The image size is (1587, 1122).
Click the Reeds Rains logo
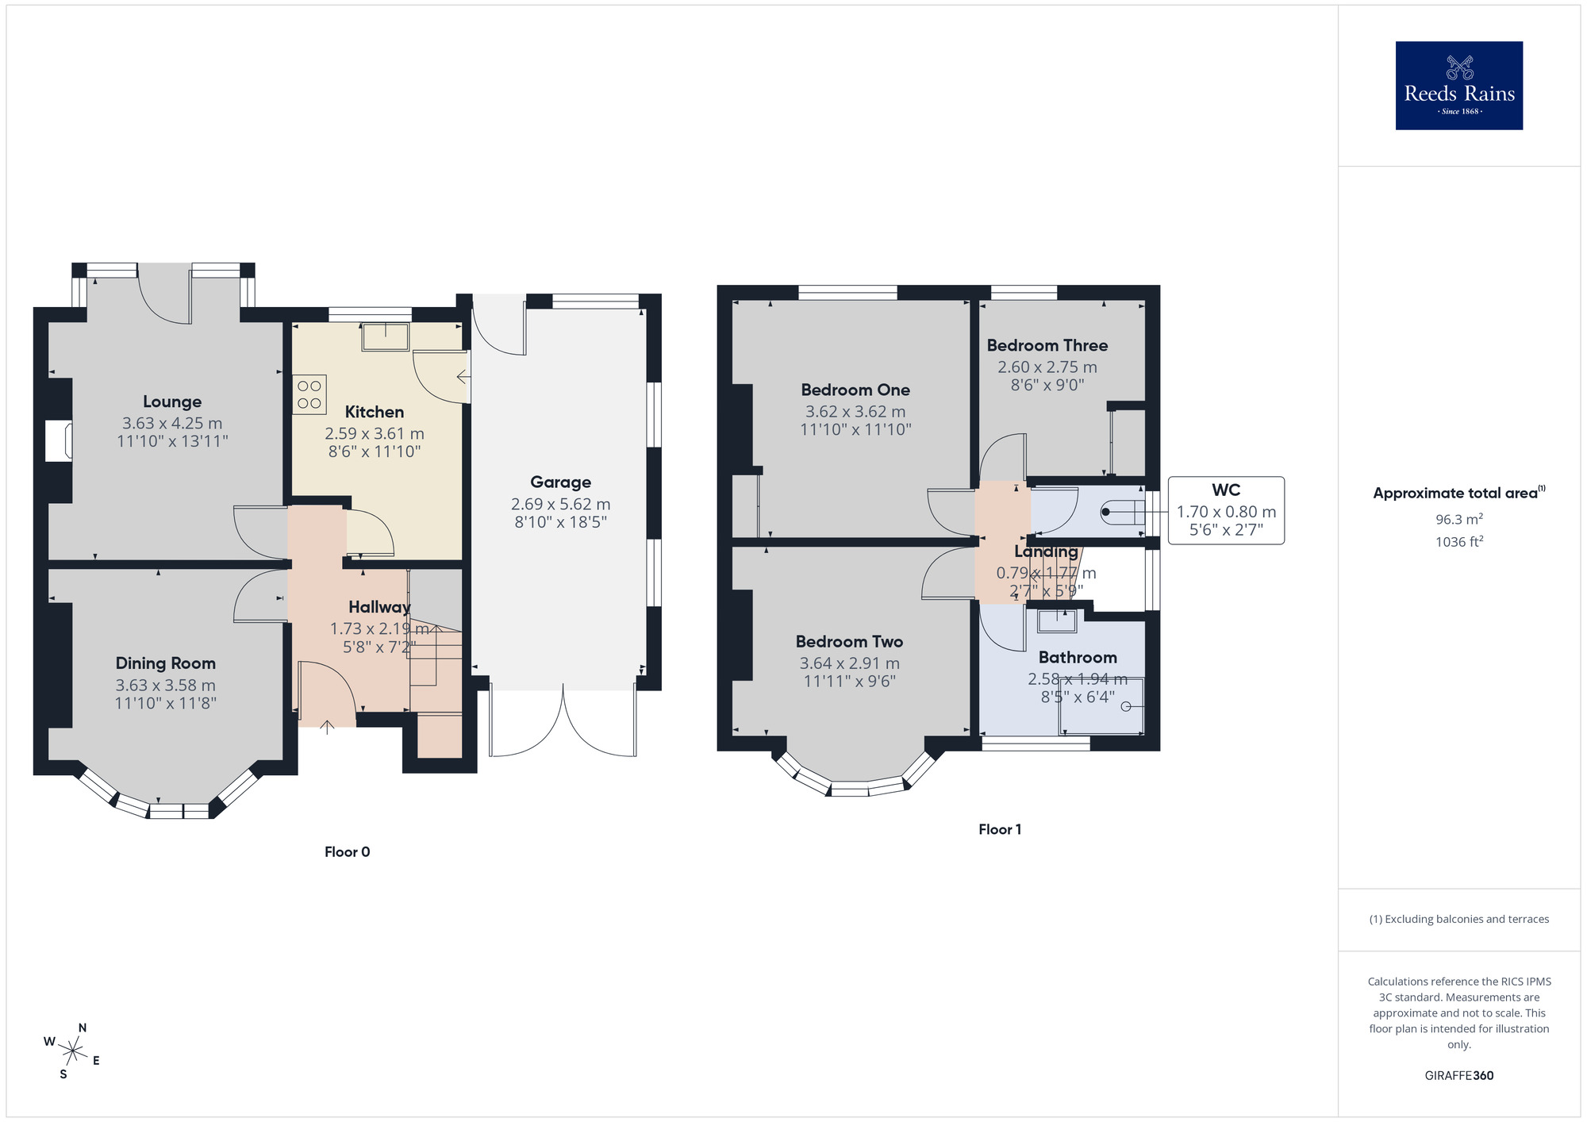1458,86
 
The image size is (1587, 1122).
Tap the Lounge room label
172,402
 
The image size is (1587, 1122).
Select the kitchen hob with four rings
309,394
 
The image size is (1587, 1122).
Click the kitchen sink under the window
386,336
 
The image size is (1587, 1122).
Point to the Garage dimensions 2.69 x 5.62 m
560,504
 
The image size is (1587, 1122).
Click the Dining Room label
165,663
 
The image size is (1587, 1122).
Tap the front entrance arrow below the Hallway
327,726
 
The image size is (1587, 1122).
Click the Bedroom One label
855,390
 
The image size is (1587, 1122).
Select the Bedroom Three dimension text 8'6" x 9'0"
1047,386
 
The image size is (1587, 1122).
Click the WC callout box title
1225,490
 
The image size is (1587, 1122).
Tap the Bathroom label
1077,657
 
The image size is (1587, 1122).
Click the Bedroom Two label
849,641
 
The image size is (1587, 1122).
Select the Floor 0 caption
347,851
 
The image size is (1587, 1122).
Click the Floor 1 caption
999,829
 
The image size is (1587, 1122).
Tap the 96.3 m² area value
1458,520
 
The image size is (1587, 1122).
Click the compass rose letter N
83,1028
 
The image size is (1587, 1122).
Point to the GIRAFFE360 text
1458,1076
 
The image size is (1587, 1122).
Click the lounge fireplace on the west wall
58,441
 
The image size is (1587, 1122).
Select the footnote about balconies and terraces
1458,919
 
